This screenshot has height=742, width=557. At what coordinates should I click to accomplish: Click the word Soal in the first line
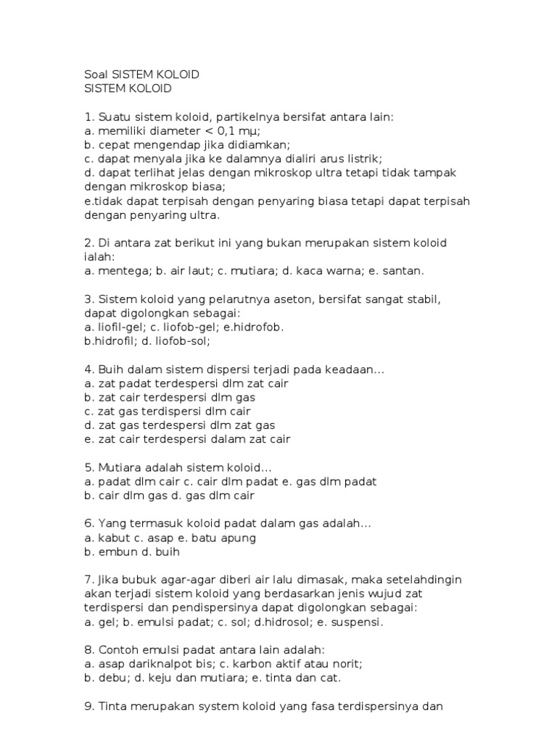coord(95,75)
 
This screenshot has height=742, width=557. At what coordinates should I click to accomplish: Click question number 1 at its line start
coord(88,117)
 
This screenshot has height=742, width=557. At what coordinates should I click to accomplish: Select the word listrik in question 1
coord(361,159)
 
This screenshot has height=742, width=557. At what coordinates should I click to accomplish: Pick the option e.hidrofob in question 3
coord(252,327)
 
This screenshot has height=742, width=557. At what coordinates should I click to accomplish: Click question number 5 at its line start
coord(88,468)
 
